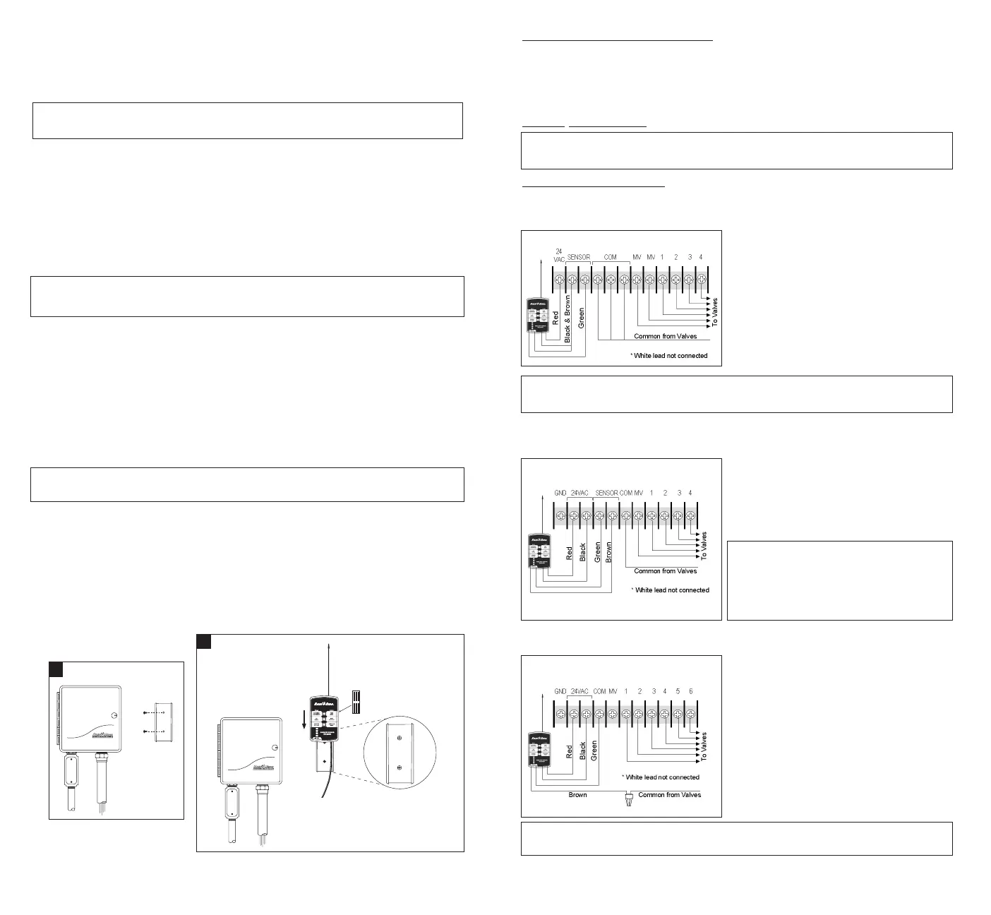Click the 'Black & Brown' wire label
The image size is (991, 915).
pos(567,320)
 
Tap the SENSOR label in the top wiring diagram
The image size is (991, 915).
pos(579,258)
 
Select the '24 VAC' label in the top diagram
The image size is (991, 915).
pos(559,255)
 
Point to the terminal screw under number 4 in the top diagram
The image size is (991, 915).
pos(701,280)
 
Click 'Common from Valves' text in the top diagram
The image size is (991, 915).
pos(665,336)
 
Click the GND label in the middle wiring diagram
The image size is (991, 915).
pos(560,493)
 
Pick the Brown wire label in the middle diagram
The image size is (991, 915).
pos(609,551)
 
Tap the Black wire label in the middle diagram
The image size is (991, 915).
pos(583,551)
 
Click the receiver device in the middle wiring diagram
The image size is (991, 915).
pos(539,553)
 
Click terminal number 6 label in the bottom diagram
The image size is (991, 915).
pos(691,691)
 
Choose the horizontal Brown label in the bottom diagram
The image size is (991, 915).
pos(577,794)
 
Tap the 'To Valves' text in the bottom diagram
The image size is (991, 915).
pos(704,746)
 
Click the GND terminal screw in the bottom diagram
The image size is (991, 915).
pos(560,714)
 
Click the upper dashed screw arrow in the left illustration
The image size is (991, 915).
pos(153,712)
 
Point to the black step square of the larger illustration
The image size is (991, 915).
pos(203,641)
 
